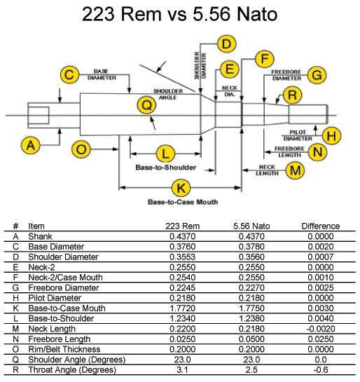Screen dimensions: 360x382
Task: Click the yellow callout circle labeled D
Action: (226, 44)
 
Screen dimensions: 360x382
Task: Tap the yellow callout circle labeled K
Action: (181, 189)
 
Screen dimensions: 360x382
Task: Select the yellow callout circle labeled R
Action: (292, 95)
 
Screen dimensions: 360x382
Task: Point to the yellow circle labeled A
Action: (31, 146)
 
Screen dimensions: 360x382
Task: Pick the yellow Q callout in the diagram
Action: (147, 106)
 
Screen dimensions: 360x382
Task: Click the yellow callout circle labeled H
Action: (331, 136)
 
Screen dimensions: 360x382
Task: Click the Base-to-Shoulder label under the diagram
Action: (165, 168)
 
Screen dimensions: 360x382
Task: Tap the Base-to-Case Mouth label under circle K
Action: (183, 202)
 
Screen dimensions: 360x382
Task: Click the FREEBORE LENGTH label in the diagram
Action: (290, 152)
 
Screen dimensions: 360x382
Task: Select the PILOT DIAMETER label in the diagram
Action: (298, 135)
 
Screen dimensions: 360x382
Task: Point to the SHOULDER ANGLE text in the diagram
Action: (168, 95)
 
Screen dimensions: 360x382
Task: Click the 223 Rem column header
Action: (183, 226)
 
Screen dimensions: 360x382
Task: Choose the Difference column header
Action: (321, 226)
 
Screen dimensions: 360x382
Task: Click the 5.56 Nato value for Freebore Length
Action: (251, 339)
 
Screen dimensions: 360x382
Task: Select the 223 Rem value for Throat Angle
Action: (182, 370)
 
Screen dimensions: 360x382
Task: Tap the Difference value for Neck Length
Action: (321, 329)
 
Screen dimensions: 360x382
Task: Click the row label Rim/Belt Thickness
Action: (64, 349)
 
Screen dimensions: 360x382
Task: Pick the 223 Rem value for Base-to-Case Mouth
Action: (183, 308)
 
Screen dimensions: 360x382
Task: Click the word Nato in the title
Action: (256, 14)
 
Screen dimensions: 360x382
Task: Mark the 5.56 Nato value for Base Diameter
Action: (251, 247)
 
